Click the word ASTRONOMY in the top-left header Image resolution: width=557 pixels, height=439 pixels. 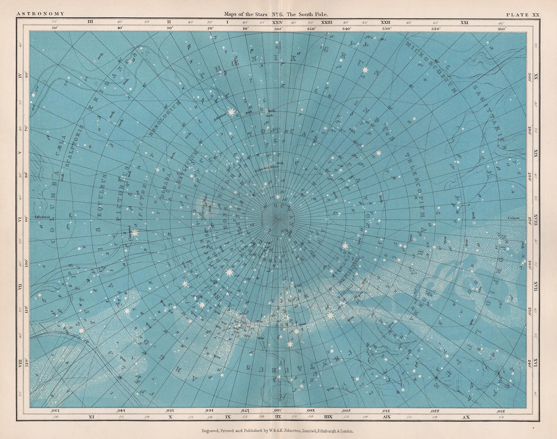pos(40,14)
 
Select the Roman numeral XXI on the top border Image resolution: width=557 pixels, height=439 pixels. pos(464,22)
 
